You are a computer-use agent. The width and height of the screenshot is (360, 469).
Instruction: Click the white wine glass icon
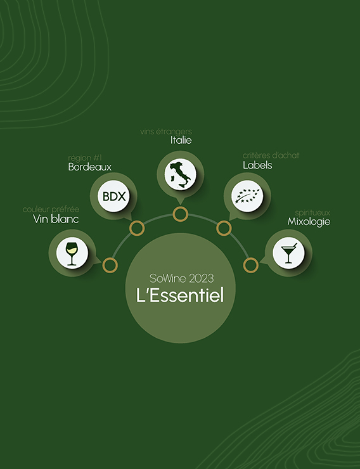click(x=71, y=254)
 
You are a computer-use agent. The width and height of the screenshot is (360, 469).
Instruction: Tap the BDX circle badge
click(x=113, y=196)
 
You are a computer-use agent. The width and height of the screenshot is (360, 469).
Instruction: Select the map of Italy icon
click(x=180, y=175)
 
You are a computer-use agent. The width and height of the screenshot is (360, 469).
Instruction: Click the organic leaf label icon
click(x=247, y=196)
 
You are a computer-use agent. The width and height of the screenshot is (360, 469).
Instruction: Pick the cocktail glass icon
click(x=288, y=253)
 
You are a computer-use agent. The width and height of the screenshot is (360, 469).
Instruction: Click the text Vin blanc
click(x=56, y=219)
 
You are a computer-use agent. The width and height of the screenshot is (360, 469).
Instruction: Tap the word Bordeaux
click(x=90, y=167)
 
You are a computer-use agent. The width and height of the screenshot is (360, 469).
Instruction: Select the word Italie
click(x=181, y=140)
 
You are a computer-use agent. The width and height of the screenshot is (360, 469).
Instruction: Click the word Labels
click(x=257, y=165)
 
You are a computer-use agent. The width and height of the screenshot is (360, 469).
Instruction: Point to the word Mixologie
click(x=309, y=222)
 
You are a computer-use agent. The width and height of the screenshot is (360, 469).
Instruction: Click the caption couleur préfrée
click(x=51, y=209)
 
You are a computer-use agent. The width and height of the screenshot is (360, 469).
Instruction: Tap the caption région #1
click(x=85, y=158)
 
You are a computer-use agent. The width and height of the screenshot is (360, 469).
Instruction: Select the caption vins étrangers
click(x=166, y=132)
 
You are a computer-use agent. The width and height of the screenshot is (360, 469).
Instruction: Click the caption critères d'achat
click(x=271, y=155)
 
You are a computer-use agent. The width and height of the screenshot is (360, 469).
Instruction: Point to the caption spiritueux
click(x=312, y=213)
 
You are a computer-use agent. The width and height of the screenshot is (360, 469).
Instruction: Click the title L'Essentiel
click(x=180, y=295)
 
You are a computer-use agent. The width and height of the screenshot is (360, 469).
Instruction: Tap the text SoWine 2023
click(x=181, y=278)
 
